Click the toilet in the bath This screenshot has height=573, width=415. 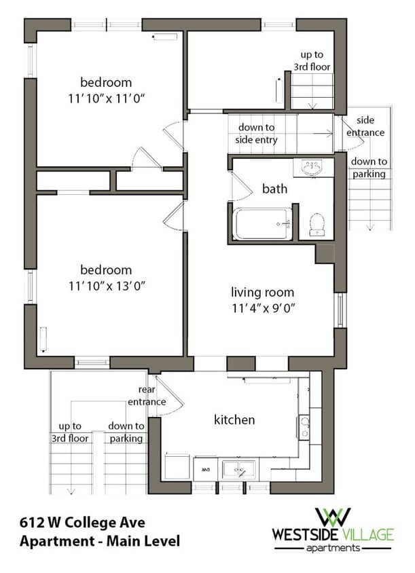[x=317, y=224]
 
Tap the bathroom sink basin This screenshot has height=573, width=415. [x=312, y=168]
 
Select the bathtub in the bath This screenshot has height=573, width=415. [x=262, y=223]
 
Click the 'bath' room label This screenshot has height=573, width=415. [x=274, y=189]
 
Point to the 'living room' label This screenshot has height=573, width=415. [x=263, y=293]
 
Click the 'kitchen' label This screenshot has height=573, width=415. [x=234, y=420]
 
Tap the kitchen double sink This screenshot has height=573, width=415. [x=239, y=469]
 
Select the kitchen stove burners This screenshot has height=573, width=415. [x=304, y=427]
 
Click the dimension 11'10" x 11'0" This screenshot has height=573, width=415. [x=107, y=98]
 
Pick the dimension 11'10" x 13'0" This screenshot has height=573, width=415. [x=107, y=286]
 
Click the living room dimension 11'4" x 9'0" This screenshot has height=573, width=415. [x=264, y=308]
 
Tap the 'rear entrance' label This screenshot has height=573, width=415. [x=147, y=396]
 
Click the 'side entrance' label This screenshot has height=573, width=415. [x=365, y=126]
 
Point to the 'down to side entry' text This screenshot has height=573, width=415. [x=256, y=133]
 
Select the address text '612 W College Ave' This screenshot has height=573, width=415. [x=82, y=523]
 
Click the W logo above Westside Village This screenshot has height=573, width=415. [x=333, y=517]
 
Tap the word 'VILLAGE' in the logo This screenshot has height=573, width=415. [x=367, y=534]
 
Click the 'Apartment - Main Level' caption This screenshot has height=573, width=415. [x=100, y=541]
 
